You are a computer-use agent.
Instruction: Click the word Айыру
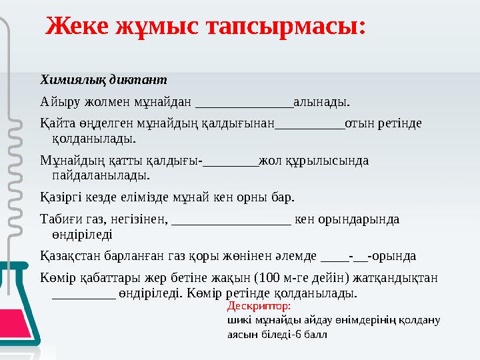pos(59,102)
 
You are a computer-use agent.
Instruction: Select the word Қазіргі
pos(62,197)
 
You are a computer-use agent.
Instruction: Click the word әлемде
pos(297,256)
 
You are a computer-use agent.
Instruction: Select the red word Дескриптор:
pos(259,307)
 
